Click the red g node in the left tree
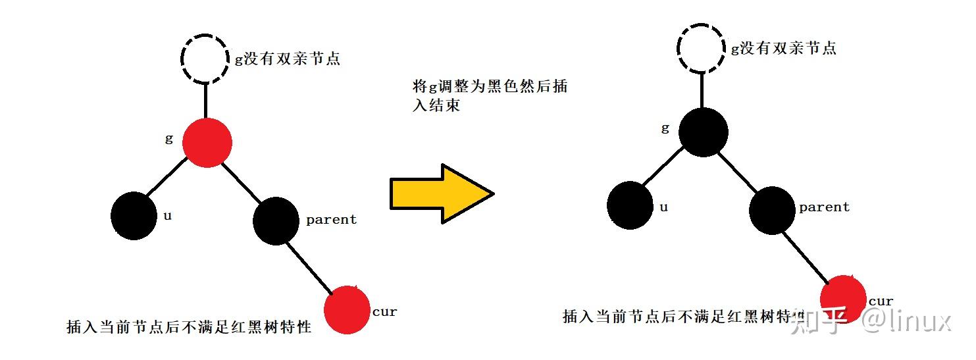[x=207, y=142]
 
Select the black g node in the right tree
[x=703, y=132]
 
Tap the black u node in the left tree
[x=134, y=215]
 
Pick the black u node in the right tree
[x=630, y=205]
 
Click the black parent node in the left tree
[x=276, y=221]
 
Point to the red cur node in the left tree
[x=347, y=309]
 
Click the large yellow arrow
[x=441, y=193]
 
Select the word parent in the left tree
[x=331, y=220]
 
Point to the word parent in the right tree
[x=824, y=207]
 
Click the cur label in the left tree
[x=384, y=311]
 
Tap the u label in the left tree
[x=167, y=215]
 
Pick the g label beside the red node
[x=168, y=139]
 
